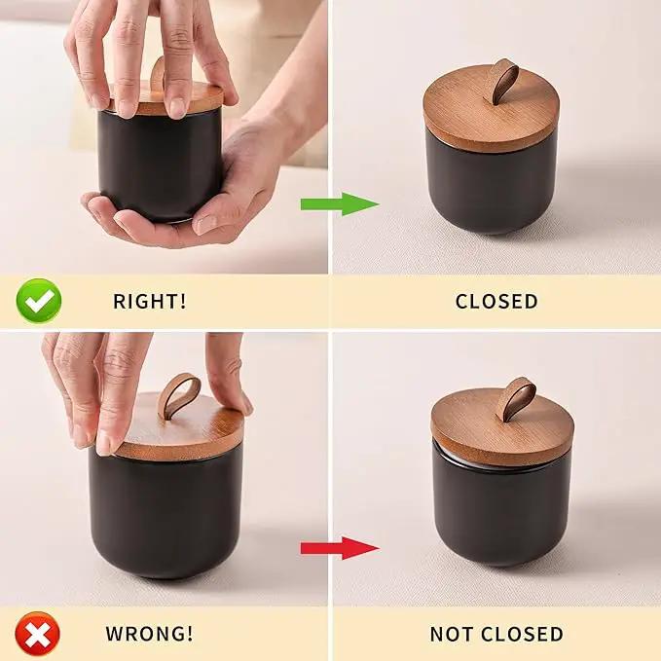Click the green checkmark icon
click(x=39, y=301)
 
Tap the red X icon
click(x=38, y=633)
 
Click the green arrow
click(x=340, y=204)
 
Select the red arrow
click(x=340, y=548)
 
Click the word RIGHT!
click(x=150, y=301)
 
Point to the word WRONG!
click(x=149, y=633)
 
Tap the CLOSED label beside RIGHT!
click(x=496, y=301)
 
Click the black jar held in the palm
click(x=161, y=165)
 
